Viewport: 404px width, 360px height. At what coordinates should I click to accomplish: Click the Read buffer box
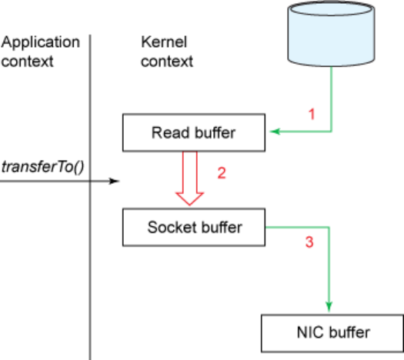[194, 132]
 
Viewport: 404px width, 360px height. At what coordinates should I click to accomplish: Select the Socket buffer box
[194, 227]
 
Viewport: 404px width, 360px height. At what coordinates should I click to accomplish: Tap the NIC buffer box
[332, 333]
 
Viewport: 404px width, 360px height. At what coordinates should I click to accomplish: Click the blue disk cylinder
[331, 34]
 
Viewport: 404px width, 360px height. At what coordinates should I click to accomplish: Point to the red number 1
[312, 114]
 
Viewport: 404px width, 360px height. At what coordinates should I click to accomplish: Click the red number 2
[222, 173]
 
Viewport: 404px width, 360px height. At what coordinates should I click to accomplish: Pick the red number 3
[309, 242]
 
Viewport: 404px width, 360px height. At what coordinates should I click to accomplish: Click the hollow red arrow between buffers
[190, 178]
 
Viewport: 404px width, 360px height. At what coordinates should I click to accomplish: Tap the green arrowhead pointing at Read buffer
[275, 132]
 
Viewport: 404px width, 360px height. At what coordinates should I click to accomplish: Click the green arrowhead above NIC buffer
[329, 306]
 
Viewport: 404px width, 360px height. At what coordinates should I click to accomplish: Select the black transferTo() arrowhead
[114, 181]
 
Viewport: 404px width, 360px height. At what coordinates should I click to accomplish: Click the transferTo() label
[43, 167]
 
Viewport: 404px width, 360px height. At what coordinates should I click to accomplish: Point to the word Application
[41, 42]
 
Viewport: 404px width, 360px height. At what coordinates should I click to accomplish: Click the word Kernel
[164, 42]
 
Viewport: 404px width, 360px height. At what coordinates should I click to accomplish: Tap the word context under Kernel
[167, 62]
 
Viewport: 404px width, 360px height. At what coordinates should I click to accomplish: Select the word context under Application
[27, 62]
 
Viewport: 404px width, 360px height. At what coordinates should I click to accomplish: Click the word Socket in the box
[169, 227]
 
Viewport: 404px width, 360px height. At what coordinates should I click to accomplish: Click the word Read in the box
[171, 132]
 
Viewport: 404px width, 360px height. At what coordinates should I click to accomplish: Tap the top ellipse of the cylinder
[331, 8]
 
